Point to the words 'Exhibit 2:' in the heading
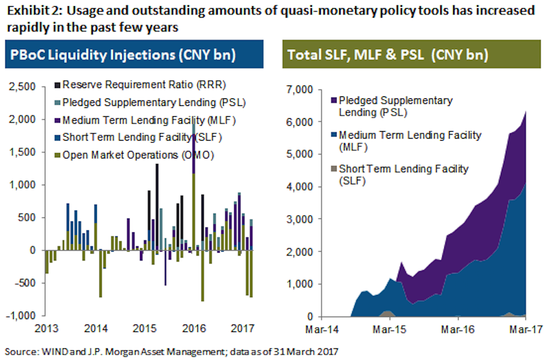point(28,10)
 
